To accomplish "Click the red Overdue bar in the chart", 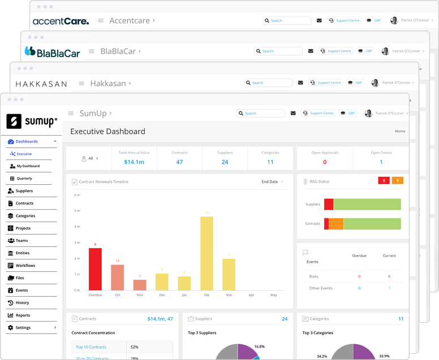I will (x=95, y=269).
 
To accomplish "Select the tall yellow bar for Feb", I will (x=206, y=253).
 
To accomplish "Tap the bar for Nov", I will (x=140, y=285).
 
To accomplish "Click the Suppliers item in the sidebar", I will (x=24, y=191).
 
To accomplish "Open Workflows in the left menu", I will (x=25, y=266).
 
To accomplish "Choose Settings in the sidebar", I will (x=23, y=328).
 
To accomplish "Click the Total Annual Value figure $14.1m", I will (x=134, y=162).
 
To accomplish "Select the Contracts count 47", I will (x=179, y=162).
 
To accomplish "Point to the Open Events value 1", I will (x=381, y=162).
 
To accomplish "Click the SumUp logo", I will (x=32, y=121).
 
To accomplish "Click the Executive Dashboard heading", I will (x=107, y=132).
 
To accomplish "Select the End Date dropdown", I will (x=272, y=182).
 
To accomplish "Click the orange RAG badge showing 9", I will (x=397, y=181).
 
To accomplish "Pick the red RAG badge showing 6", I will (x=384, y=181).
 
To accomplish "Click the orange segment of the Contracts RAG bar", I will (x=336, y=224).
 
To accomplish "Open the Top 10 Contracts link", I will (x=91, y=347).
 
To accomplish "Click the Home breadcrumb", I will (x=400, y=131).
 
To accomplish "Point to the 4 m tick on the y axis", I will (x=78, y=227).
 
